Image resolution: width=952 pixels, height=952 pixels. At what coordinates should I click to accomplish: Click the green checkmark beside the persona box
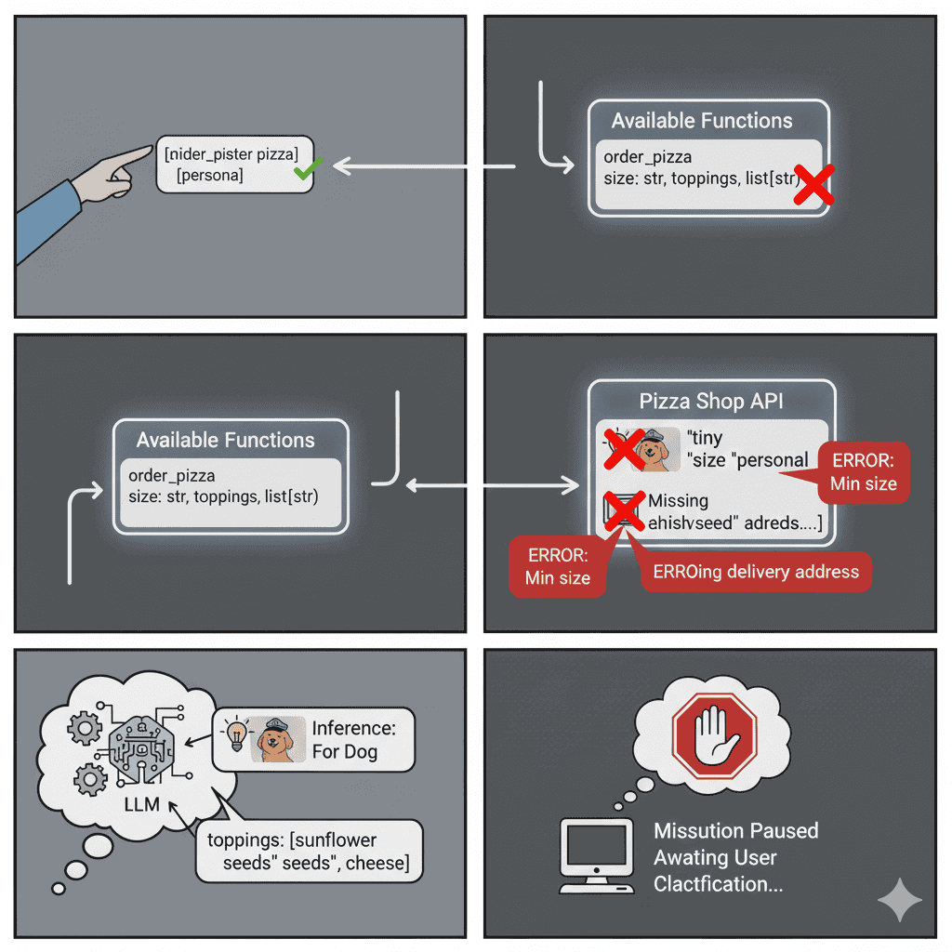pyautogui.click(x=307, y=169)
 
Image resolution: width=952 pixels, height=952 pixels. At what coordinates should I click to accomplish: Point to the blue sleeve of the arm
pyautogui.click(x=46, y=219)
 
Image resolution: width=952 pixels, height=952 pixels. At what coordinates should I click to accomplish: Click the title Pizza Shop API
pyautogui.click(x=711, y=402)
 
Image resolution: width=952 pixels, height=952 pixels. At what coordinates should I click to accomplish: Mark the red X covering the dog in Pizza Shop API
pyautogui.click(x=625, y=449)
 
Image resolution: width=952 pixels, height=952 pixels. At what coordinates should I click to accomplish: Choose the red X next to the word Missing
pyautogui.click(x=624, y=510)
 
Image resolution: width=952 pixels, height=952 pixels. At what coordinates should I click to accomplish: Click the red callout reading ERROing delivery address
pyautogui.click(x=756, y=571)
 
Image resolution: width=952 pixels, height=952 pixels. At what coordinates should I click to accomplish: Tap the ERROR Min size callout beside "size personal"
pyautogui.click(x=864, y=472)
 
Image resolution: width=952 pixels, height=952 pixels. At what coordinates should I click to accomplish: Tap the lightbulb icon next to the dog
pyautogui.click(x=235, y=735)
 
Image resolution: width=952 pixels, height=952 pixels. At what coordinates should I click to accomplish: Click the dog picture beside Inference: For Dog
pyautogui.click(x=278, y=739)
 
